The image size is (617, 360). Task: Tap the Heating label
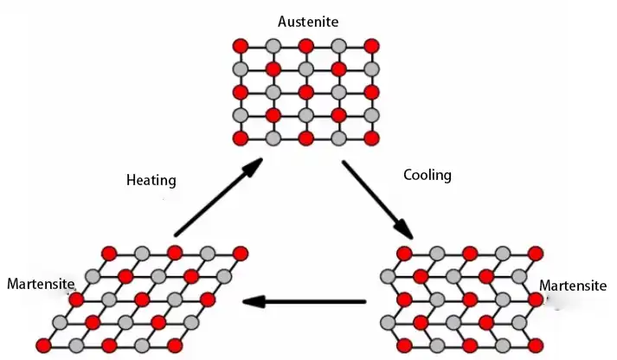[151, 181]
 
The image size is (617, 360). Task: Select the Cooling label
[427, 175]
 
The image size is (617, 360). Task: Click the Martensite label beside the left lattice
[40, 283]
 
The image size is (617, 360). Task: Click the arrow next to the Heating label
[217, 198]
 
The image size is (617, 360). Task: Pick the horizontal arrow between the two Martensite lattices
[303, 302]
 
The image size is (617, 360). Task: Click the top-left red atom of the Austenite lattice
[241, 45]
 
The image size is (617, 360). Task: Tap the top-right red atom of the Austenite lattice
[371, 45]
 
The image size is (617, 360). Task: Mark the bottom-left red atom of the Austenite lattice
[241, 138]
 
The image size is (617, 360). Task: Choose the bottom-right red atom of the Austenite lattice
[371, 138]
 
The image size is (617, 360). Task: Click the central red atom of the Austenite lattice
[306, 92]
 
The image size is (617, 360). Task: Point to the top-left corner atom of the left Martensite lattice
[109, 253]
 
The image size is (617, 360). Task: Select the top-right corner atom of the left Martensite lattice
[240, 253]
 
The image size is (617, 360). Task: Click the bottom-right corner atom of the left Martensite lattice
[175, 345]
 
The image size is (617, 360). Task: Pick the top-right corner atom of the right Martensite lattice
[535, 253]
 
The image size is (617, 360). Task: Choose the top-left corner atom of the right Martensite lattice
[404, 253]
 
